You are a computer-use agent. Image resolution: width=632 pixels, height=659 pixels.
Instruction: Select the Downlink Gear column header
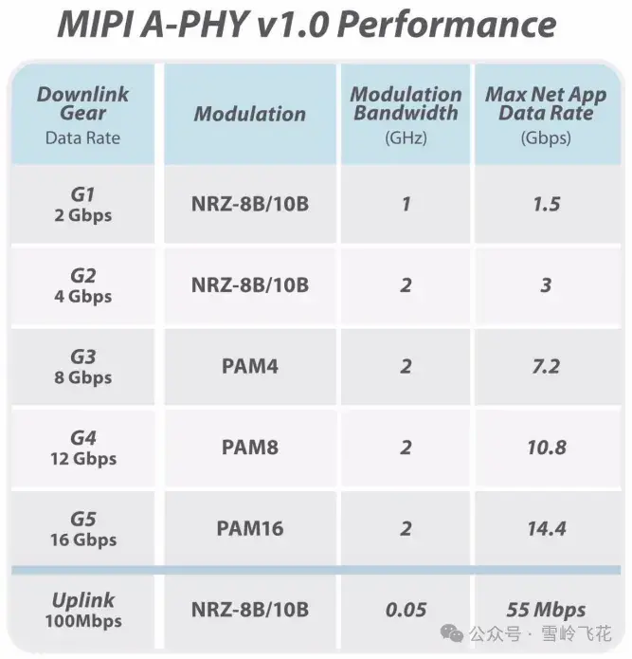pos(82,115)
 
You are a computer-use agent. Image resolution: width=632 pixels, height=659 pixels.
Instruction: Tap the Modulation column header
pos(249,114)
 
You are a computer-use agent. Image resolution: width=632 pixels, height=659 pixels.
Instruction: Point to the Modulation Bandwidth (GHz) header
pos(406,114)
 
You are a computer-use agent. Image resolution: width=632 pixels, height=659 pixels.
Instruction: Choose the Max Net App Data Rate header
pos(546,114)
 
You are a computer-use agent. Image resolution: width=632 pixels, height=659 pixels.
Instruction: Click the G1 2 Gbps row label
pos(83,204)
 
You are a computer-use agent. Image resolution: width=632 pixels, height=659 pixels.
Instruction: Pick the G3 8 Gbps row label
pos(83,366)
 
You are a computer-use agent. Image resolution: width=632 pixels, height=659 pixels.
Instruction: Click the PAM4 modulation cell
pos(249,366)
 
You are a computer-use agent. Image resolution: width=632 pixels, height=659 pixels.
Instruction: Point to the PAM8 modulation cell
pos(249,447)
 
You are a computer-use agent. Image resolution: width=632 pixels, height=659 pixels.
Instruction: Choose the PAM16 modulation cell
pos(249,528)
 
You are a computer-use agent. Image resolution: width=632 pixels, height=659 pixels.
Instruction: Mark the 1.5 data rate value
pos(546,204)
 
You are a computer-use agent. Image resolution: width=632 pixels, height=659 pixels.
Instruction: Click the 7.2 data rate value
pos(546,366)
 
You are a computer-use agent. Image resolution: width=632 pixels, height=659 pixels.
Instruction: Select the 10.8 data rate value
pos(546,447)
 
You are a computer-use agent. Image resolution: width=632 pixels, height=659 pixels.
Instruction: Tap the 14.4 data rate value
pos(546,528)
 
